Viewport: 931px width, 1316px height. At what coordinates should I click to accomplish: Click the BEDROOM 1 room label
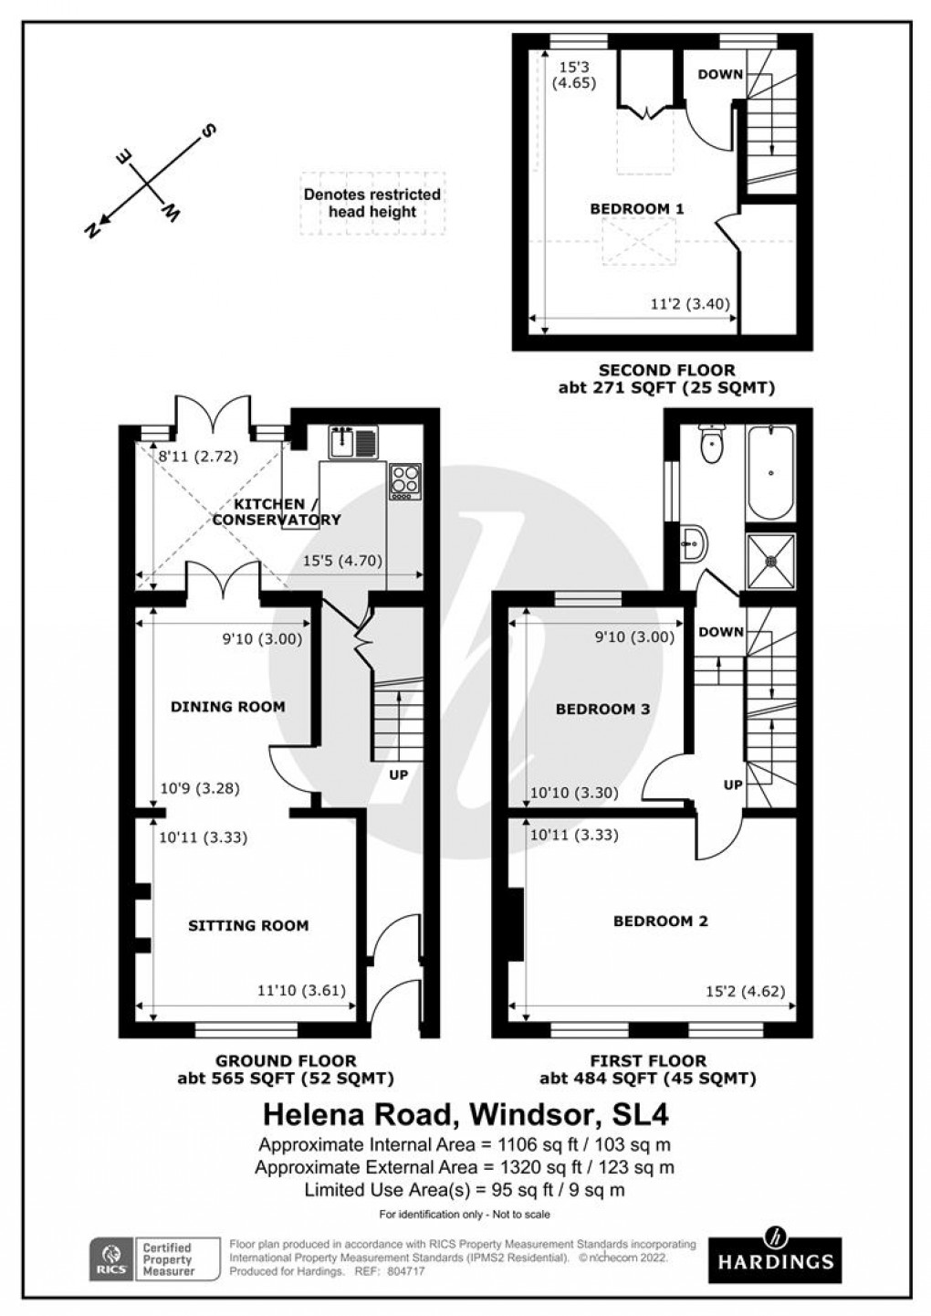[x=636, y=208]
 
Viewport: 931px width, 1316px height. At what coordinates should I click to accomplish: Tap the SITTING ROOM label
[x=248, y=925]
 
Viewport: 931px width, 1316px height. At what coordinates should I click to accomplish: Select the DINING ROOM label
[x=227, y=706]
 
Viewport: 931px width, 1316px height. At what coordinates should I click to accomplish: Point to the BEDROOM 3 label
[x=602, y=709]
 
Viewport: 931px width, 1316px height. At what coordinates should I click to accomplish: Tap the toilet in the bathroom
[x=710, y=445]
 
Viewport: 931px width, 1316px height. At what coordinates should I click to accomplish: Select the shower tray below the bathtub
[x=770, y=561]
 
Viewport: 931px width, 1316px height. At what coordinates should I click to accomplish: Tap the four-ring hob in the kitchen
[x=405, y=480]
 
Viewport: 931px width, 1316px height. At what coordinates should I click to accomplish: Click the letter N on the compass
[x=92, y=231]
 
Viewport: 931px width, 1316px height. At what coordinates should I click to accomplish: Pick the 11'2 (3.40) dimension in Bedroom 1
[x=689, y=304]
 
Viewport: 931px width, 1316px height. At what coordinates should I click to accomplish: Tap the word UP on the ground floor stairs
[x=398, y=775]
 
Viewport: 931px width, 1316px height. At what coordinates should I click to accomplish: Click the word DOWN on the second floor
[x=720, y=74]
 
